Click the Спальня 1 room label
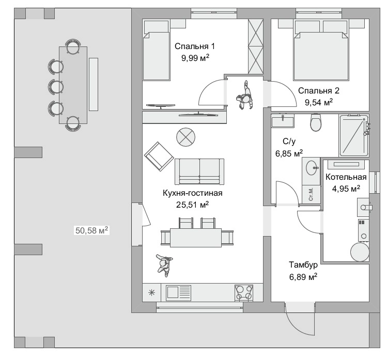tap(194, 46)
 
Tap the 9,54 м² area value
tap(319, 102)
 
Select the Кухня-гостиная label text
tap(193, 193)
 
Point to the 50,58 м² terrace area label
tap(91, 230)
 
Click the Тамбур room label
tap(303, 265)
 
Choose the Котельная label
tap(346, 177)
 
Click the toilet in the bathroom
tap(316, 122)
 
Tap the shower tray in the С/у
tap(354, 135)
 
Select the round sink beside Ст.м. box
tap(312, 168)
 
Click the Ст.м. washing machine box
tap(311, 194)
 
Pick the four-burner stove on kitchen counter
tap(243, 292)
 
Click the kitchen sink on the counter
tap(178, 292)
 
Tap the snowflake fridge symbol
tap(151, 293)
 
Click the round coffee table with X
tap(186, 137)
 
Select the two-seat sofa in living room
tap(199, 171)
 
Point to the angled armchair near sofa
tap(159, 156)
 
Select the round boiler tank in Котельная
tap(360, 252)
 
